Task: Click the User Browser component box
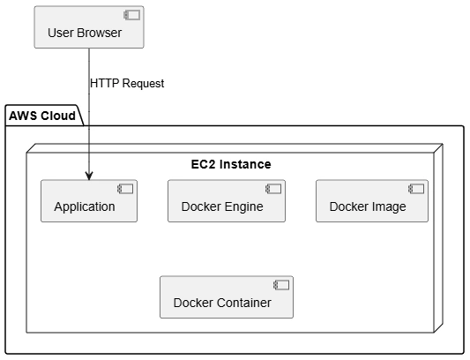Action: tap(89, 27)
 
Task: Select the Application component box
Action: tap(89, 201)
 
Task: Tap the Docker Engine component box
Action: tap(227, 201)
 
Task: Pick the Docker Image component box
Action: tap(372, 201)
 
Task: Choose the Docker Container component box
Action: tap(227, 297)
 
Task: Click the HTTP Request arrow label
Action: tap(127, 84)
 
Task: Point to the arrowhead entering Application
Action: tap(89, 176)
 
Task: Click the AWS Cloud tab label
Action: tap(42, 116)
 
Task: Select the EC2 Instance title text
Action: tap(231, 164)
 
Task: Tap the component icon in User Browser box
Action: tap(132, 15)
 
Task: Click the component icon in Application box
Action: tap(125, 189)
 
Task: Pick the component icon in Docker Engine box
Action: tap(273, 189)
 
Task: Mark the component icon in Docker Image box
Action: tap(416, 189)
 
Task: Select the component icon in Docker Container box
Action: tap(281, 285)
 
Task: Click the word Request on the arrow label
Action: tap(143, 84)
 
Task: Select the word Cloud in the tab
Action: tap(58, 116)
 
